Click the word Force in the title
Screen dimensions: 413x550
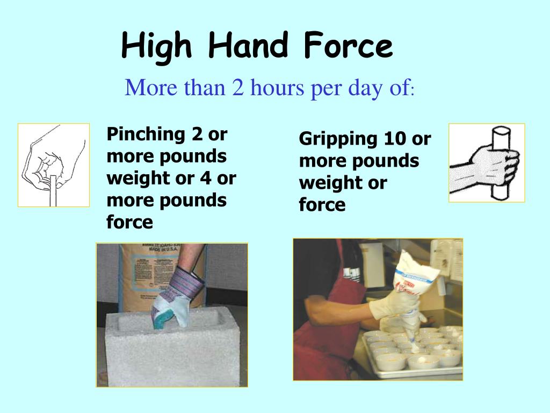click(x=348, y=46)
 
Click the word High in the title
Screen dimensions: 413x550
click(x=156, y=46)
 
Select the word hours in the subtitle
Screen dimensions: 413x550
click(x=275, y=88)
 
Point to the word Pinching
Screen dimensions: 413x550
click(x=142, y=135)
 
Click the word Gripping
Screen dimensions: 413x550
click(x=338, y=139)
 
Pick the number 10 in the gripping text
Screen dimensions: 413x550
click(x=394, y=139)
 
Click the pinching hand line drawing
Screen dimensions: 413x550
click(x=53, y=165)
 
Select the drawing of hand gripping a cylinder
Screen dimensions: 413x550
click(x=487, y=162)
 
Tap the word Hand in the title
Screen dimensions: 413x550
click(x=248, y=46)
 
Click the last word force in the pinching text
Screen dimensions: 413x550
click(x=129, y=222)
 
